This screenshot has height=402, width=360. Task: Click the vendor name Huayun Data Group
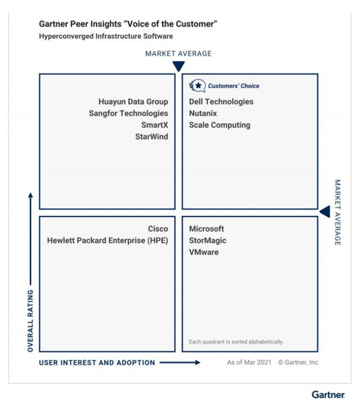point(133,102)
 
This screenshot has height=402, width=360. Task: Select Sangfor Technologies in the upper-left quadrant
point(128,113)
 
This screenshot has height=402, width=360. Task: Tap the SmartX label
point(155,125)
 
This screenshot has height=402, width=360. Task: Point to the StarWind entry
point(152,137)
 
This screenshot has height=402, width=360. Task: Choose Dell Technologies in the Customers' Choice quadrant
point(221,102)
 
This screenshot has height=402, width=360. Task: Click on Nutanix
point(203,113)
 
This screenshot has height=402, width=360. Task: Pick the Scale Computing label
point(220,125)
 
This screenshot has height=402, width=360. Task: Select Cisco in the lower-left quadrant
point(158,228)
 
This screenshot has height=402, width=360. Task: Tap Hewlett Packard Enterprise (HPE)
point(107,241)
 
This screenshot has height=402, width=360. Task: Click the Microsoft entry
point(207,228)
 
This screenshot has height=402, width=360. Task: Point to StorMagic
point(207,241)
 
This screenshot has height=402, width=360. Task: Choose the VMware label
point(204,252)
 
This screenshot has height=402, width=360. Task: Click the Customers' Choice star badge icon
point(197,86)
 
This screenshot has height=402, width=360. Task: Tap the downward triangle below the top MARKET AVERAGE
point(179,66)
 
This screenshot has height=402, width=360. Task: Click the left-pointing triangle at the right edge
point(325,212)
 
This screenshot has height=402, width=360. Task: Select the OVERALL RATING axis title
point(30,321)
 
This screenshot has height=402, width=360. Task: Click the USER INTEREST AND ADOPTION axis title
point(97,362)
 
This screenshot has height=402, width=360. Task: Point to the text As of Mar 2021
point(249,362)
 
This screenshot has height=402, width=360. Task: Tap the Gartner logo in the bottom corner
point(328,394)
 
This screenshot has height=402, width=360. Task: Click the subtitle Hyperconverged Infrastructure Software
point(106,36)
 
